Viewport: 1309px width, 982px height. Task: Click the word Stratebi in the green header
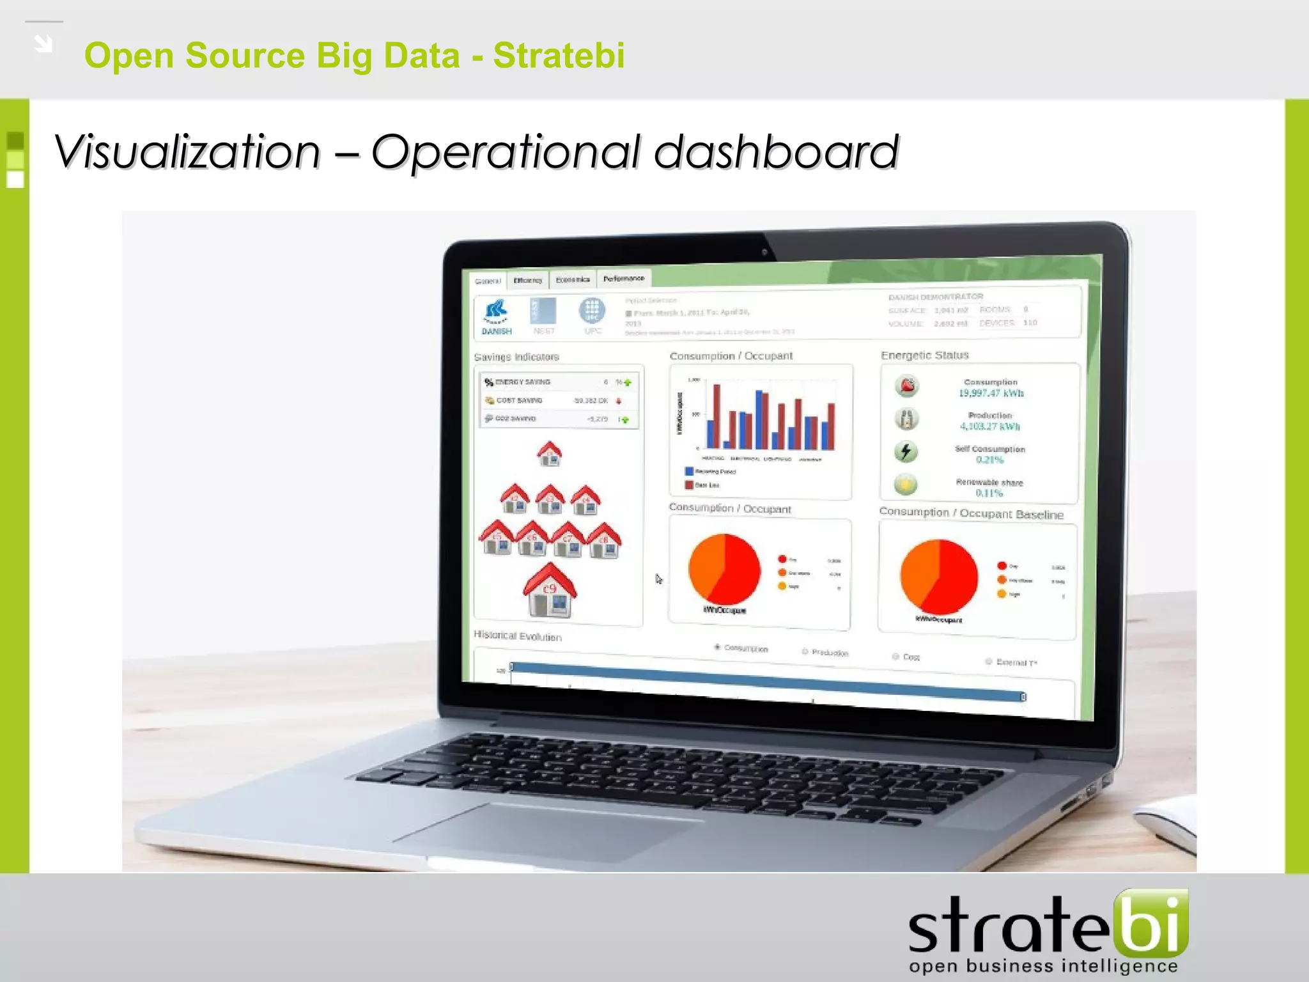click(x=559, y=55)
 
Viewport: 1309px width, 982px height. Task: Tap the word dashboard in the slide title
click(x=776, y=152)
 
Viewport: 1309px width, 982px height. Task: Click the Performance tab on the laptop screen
click(x=624, y=279)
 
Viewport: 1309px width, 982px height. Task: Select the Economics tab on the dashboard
click(x=573, y=279)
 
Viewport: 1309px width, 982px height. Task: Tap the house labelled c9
click(x=550, y=591)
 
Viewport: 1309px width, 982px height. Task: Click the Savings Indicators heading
click(x=516, y=357)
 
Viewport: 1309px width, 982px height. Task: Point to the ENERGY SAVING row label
click(x=523, y=382)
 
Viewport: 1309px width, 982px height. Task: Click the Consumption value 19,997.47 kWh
click(x=991, y=393)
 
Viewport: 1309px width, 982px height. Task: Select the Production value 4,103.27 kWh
click(x=990, y=426)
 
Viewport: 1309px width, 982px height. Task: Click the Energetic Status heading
click(x=924, y=355)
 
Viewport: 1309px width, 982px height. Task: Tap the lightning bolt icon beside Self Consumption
click(x=906, y=451)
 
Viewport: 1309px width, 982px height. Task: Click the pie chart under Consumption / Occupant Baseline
click(x=938, y=577)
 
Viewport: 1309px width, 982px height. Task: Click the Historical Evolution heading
click(x=517, y=635)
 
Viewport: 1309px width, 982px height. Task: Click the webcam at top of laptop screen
click(x=764, y=252)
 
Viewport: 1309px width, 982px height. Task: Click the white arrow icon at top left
click(x=43, y=44)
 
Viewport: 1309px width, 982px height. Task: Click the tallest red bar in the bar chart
click(x=716, y=416)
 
